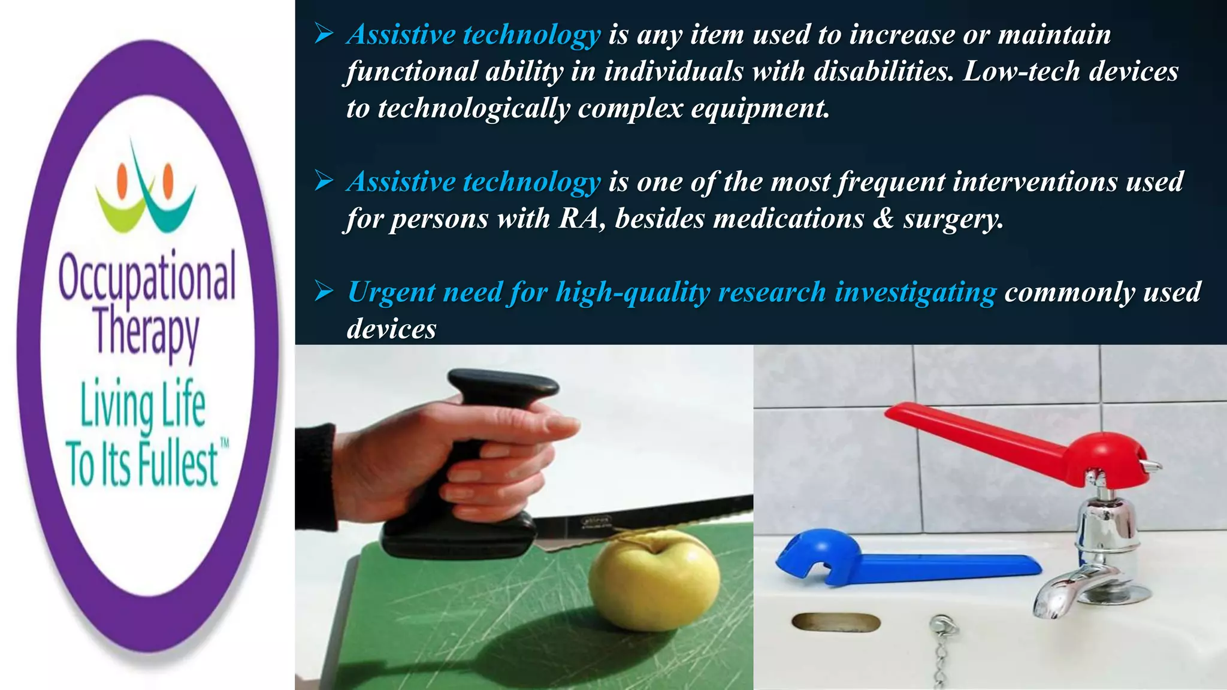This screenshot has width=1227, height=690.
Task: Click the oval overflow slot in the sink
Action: pos(836,623)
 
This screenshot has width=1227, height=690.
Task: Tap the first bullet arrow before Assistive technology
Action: pos(324,35)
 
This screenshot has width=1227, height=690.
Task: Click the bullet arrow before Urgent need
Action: pos(324,292)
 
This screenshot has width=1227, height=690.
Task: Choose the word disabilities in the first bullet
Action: pos(883,72)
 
